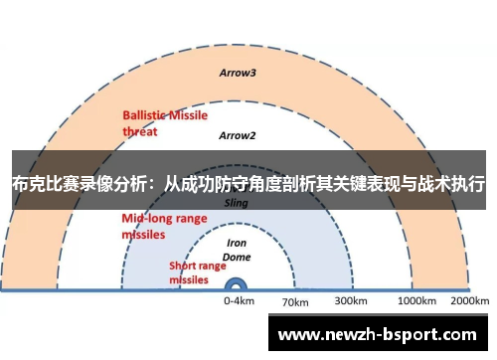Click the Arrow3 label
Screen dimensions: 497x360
tap(238, 73)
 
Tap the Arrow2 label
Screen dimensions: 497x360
tap(238, 135)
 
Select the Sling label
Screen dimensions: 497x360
tap(237, 202)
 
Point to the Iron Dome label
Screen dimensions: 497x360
tap(238, 249)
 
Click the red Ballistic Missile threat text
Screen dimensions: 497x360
tap(164, 122)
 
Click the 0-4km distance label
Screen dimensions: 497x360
tap(239, 300)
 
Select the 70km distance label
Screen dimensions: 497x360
tap(296, 301)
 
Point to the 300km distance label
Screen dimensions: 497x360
tap(352, 300)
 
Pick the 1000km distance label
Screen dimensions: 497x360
tap(417, 300)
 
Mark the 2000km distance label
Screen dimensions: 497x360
tap(469, 300)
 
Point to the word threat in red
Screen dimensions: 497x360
tap(140, 129)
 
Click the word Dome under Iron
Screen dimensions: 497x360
tap(238, 256)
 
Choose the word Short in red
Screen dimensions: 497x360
tap(183, 266)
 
